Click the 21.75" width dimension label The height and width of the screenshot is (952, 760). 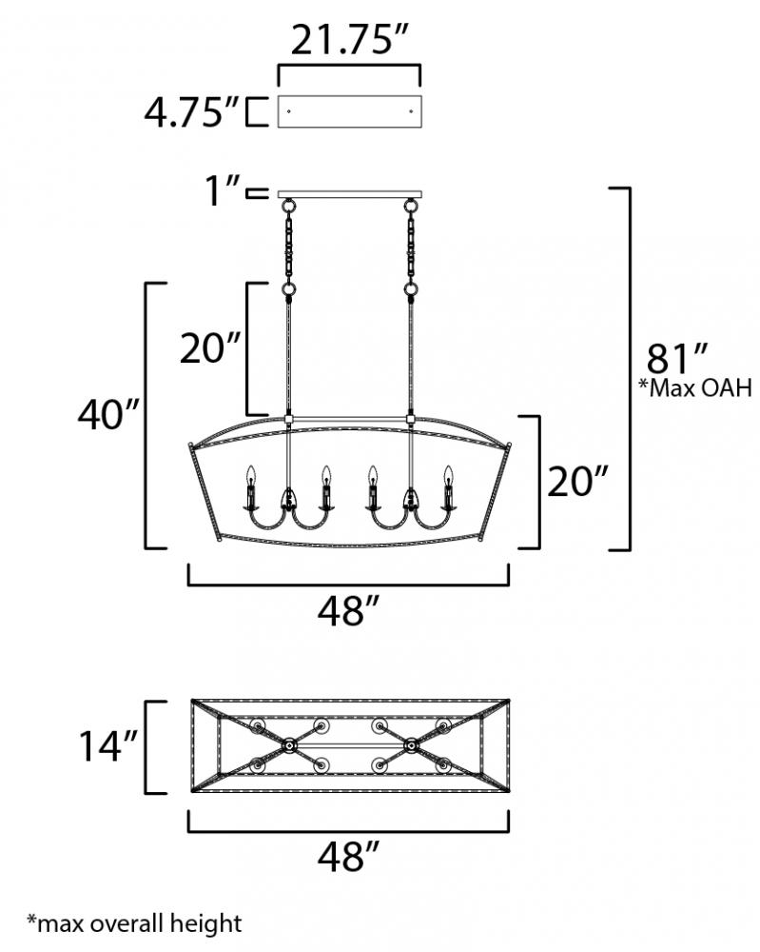pyautogui.click(x=347, y=40)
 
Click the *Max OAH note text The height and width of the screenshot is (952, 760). pyautogui.click(x=695, y=387)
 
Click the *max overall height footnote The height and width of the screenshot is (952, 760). pyautogui.click(x=135, y=923)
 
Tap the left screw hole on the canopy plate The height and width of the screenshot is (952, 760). pyautogui.click(x=289, y=111)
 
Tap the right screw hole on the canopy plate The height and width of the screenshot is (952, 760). pyautogui.click(x=411, y=111)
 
